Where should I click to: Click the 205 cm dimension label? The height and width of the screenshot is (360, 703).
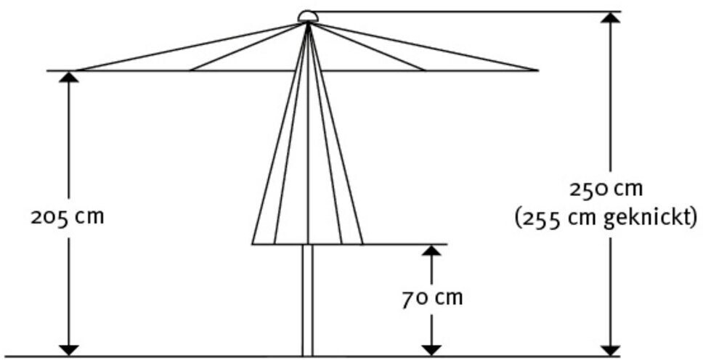(x=68, y=217)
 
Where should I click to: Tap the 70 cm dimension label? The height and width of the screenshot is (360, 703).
(x=432, y=298)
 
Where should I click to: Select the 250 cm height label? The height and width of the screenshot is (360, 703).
(x=606, y=189)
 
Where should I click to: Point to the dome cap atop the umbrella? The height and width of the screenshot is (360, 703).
(x=308, y=16)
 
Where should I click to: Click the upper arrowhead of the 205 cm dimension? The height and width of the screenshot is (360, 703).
(x=68, y=77)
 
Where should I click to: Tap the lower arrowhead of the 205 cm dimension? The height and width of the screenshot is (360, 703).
(x=68, y=350)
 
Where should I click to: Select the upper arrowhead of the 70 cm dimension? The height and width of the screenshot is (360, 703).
(x=432, y=251)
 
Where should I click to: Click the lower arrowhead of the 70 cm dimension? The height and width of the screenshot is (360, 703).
(x=432, y=350)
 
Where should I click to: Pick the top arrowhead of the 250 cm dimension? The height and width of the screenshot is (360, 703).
(x=611, y=18)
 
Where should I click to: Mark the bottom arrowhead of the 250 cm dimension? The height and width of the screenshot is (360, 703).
(x=611, y=350)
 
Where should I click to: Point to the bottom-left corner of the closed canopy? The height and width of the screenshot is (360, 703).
(x=253, y=243)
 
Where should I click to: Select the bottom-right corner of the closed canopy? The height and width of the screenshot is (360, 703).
(x=362, y=243)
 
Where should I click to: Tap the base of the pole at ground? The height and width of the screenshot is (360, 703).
(x=308, y=354)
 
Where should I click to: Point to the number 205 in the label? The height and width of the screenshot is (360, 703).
(x=48, y=217)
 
